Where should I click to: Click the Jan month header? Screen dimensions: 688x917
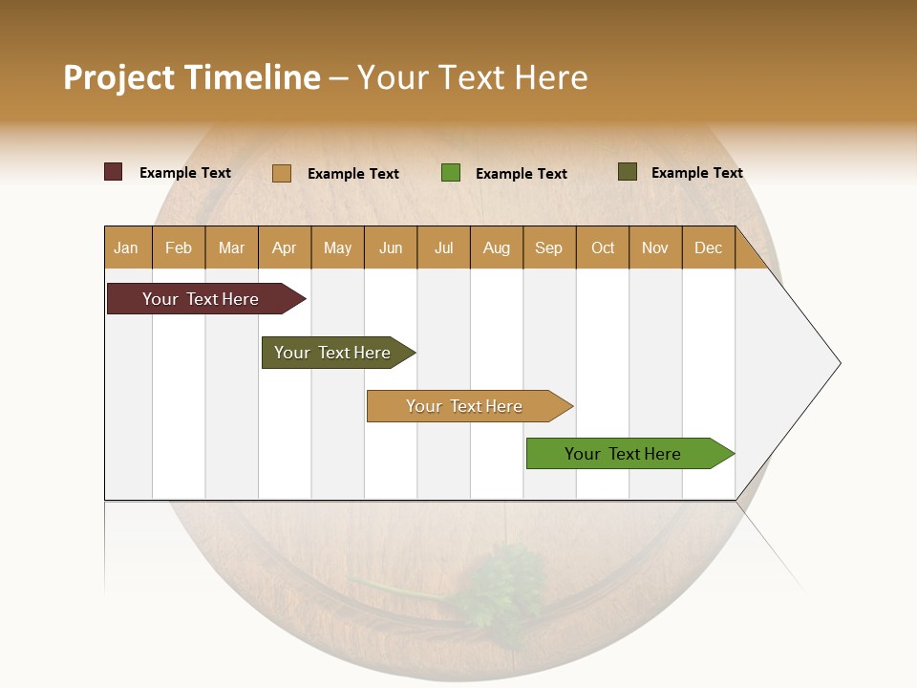click(127, 247)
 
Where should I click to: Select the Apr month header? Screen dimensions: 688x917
click(285, 247)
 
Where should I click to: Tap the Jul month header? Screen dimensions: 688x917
click(444, 247)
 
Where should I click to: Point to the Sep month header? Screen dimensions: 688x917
click(549, 247)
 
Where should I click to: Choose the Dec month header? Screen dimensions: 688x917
click(708, 247)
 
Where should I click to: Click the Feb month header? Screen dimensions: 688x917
click(179, 247)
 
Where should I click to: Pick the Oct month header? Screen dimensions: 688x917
click(603, 247)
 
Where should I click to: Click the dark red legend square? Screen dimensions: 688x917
click(114, 172)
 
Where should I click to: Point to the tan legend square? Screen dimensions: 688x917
click(282, 173)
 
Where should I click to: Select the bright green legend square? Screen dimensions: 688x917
click(451, 173)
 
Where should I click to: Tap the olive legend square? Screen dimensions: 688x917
click(628, 172)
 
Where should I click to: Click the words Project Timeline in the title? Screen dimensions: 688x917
click(192, 77)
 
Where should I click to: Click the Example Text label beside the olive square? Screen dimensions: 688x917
click(696, 173)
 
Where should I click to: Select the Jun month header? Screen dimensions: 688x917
click(391, 247)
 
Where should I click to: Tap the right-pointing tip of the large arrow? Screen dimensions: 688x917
click(837, 363)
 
